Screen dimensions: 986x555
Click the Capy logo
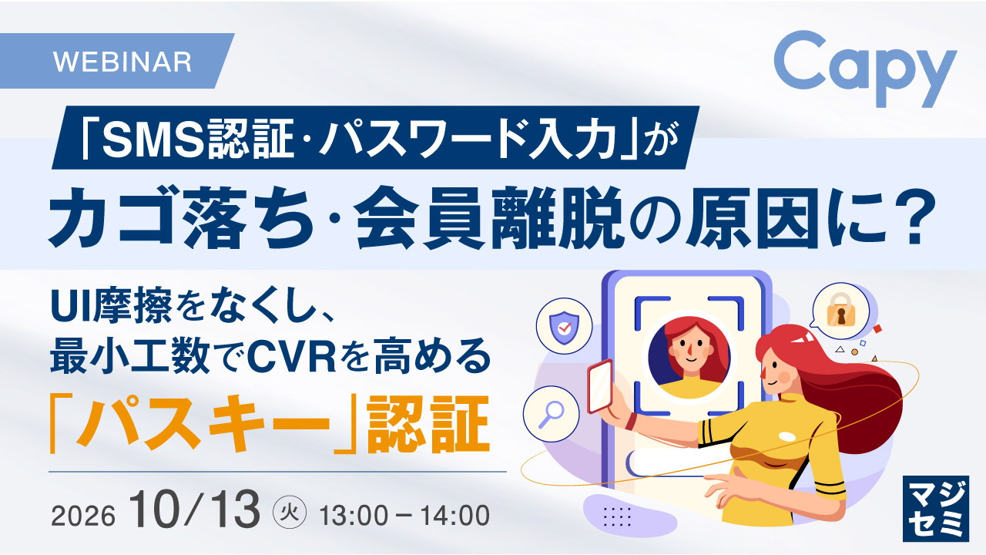(x=865, y=69)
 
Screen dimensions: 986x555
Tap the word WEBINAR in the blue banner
(x=122, y=62)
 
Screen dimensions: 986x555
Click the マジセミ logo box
(x=935, y=508)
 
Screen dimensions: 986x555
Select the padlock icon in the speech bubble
(x=840, y=310)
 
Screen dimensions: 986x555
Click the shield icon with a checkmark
(x=565, y=328)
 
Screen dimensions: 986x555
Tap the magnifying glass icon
(x=551, y=414)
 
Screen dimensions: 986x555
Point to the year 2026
(x=83, y=516)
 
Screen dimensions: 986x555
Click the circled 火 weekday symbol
(x=289, y=513)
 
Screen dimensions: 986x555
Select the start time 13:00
(x=354, y=516)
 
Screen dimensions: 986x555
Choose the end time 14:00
(x=454, y=516)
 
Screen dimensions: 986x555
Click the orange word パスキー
(x=203, y=424)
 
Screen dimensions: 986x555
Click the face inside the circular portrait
(x=688, y=350)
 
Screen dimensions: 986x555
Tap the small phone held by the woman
(x=600, y=386)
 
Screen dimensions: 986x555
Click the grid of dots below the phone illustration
(x=617, y=516)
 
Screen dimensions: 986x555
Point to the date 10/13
(x=194, y=510)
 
